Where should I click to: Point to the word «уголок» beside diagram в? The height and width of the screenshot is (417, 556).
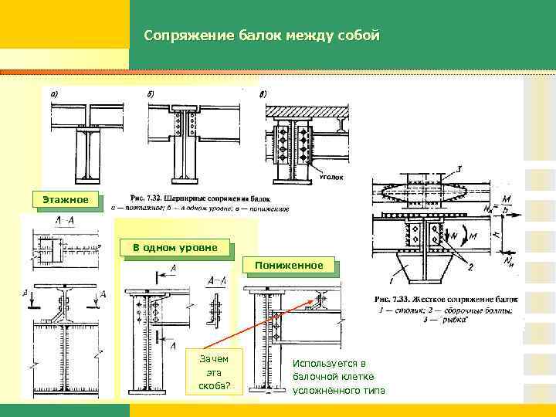coord(331,177)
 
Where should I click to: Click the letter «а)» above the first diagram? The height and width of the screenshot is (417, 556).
coord(55,94)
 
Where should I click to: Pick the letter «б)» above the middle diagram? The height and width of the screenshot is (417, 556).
coord(151,94)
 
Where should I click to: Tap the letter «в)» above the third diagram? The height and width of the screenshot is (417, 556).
coord(263,94)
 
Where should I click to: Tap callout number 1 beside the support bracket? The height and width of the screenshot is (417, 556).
coord(393,273)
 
